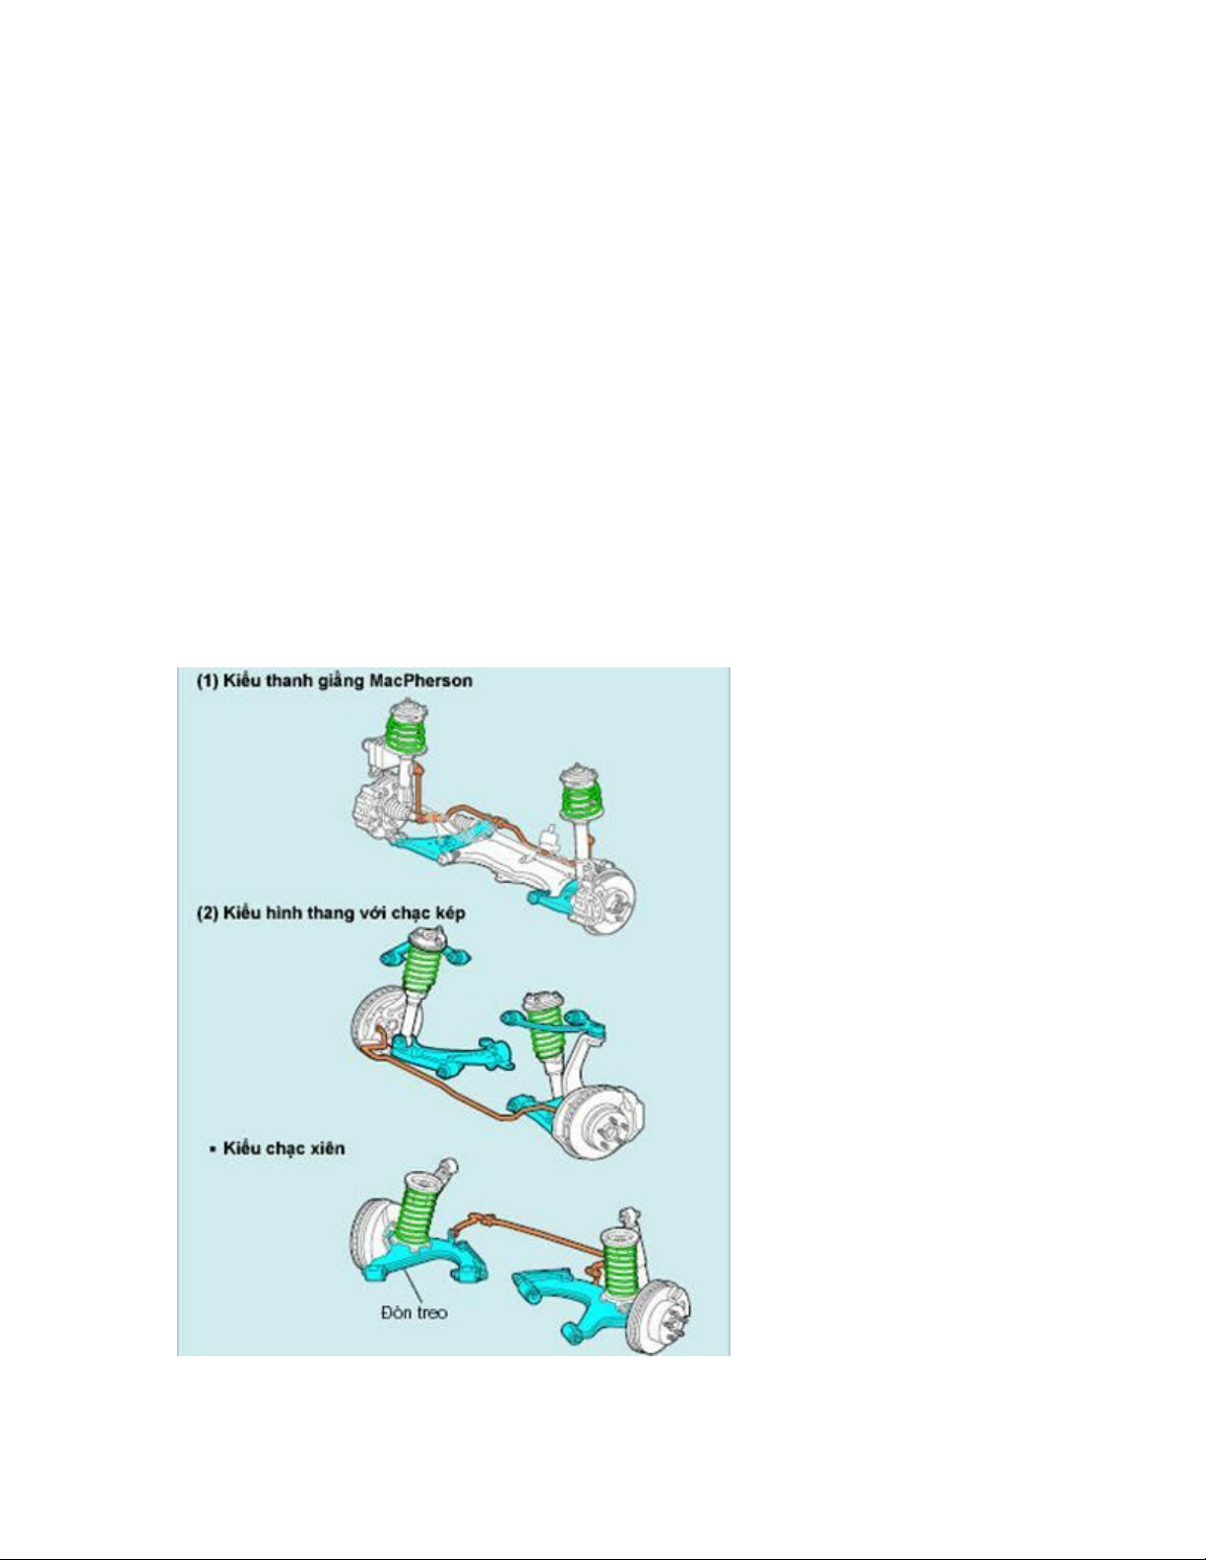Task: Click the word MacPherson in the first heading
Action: pyautogui.click(x=420, y=680)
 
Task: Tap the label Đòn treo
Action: pyautogui.click(x=414, y=1312)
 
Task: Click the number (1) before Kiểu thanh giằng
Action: pyautogui.click(x=208, y=680)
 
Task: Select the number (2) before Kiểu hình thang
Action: pyautogui.click(x=208, y=913)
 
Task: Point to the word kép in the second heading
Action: pyautogui.click(x=449, y=914)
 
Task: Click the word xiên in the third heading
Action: pyautogui.click(x=327, y=1148)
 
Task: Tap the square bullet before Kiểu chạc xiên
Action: pyautogui.click(x=213, y=1150)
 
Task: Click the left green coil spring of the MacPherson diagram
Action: pyautogui.click(x=407, y=729)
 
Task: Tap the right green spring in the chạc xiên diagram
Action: pyautogui.click(x=621, y=1267)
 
